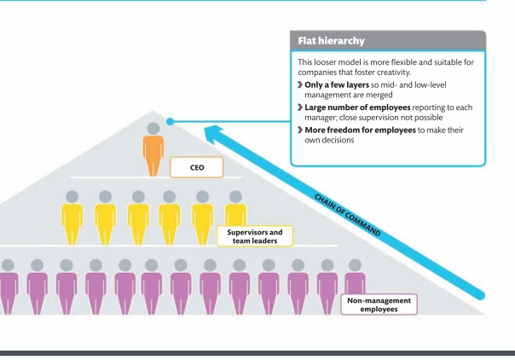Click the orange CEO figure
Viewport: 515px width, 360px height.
coord(153,154)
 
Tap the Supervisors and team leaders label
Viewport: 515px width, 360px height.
coord(254,235)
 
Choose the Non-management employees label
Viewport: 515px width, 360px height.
coord(379,305)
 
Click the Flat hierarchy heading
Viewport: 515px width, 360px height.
coord(332,41)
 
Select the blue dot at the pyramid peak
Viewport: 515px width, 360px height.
coord(171,121)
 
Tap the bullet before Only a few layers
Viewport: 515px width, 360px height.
coord(299,85)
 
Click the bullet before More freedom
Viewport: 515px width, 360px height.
coord(299,129)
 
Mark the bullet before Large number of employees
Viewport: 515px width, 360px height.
coord(299,107)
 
